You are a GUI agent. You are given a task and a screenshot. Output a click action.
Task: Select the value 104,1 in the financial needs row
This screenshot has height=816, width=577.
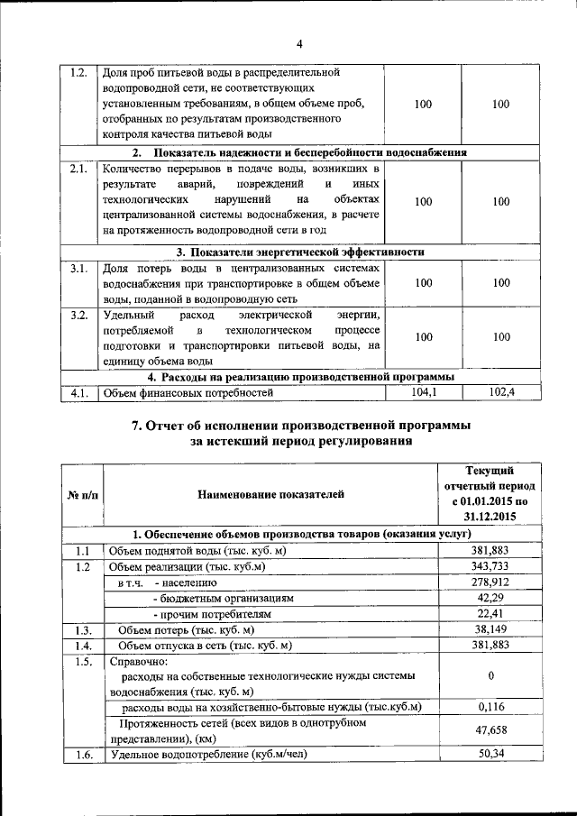pyautogui.click(x=423, y=393)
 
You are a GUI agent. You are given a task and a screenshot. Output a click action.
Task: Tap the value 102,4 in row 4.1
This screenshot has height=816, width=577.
pyautogui.click(x=501, y=393)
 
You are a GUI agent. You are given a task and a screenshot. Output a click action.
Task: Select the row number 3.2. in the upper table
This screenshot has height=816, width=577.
pyautogui.click(x=78, y=316)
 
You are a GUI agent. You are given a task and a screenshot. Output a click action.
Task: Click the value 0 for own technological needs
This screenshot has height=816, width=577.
pyautogui.click(x=490, y=675)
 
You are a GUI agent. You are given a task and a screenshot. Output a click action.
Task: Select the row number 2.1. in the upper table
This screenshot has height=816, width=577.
pyautogui.click(x=78, y=169)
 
